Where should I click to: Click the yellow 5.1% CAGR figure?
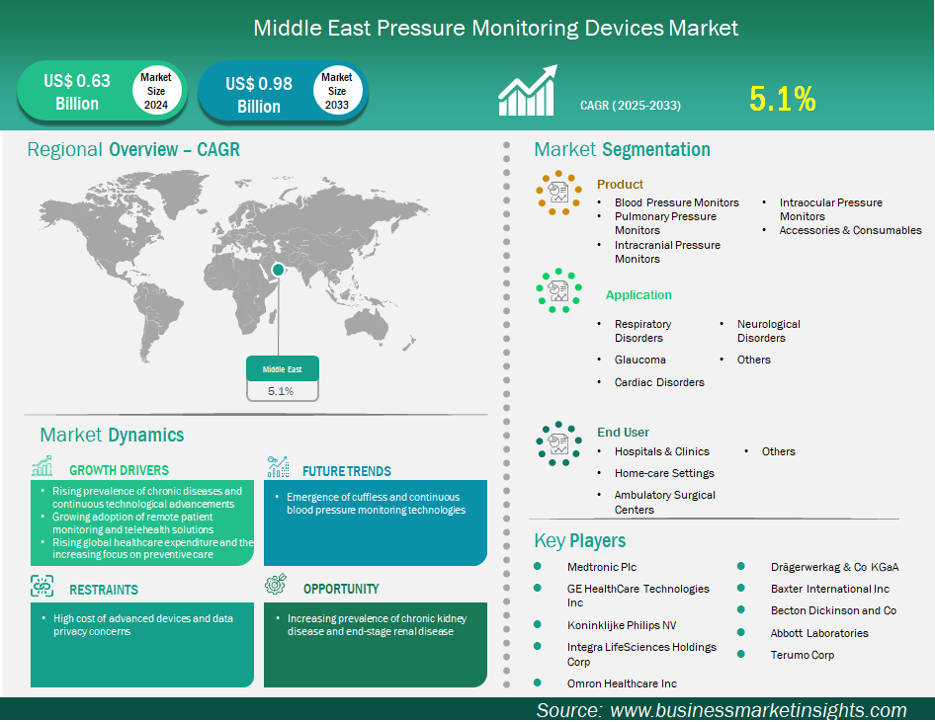click(783, 99)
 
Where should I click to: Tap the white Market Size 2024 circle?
click(155, 91)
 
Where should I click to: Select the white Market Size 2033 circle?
click(337, 91)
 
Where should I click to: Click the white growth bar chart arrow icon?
click(527, 90)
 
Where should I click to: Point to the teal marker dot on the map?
click(278, 270)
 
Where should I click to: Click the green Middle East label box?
click(283, 368)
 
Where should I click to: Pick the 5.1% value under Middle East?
click(281, 391)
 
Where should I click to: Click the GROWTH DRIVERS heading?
click(119, 470)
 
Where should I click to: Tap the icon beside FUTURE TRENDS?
click(278, 466)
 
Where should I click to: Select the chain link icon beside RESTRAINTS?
click(42, 586)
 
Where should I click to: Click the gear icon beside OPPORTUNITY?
click(276, 585)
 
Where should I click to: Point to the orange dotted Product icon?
click(558, 193)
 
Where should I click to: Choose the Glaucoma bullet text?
click(639, 360)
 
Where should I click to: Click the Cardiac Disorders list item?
click(659, 382)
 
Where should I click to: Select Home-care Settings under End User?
click(664, 473)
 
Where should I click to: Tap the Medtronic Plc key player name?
click(602, 567)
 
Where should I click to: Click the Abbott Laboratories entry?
click(819, 633)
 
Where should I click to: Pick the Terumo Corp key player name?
click(802, 655)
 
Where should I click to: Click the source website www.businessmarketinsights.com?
click(758, 710)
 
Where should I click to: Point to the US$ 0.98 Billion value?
click(259, 95)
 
